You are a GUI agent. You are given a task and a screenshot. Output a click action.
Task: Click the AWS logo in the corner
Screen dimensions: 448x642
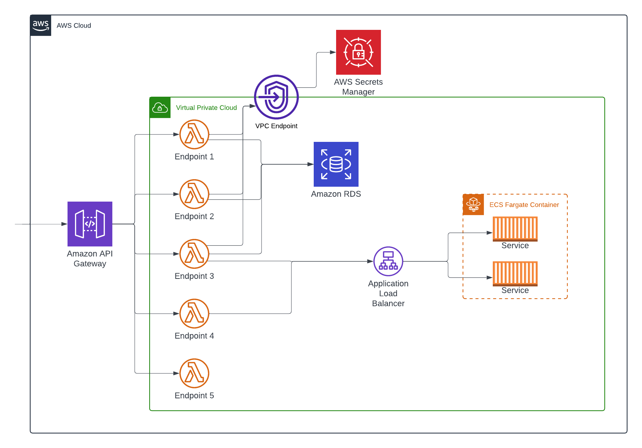click(41, 26)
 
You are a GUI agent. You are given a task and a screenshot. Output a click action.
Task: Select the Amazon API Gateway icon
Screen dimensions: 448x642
click(90, 224)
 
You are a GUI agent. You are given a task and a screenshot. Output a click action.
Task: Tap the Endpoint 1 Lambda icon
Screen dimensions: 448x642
click(194, 134)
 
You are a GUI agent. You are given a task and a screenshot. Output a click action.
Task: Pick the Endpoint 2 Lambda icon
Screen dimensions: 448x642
click(194, 194)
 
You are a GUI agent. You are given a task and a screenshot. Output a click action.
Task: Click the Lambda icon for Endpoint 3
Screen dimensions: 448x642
click(194, 254)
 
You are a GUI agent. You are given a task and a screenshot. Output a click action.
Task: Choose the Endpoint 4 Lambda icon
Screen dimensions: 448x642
click(194, 314)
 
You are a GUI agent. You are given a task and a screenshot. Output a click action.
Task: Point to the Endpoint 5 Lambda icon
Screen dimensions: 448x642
click(194, 373)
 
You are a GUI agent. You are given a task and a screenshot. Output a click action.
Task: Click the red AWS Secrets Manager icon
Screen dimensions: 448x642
click(358, 52)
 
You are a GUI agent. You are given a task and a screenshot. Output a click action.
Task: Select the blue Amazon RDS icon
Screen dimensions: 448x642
click(336, 164)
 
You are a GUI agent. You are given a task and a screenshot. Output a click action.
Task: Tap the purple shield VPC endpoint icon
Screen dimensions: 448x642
click(276, 97)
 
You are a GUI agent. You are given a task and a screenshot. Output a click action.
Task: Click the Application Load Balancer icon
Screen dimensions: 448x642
click(388, 261)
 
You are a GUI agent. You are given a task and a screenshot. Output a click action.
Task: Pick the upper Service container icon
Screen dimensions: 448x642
click(515, 229)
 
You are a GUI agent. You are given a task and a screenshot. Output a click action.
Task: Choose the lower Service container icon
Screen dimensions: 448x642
click(515, 274)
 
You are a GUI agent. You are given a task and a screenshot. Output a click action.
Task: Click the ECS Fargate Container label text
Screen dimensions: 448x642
click(524, 205)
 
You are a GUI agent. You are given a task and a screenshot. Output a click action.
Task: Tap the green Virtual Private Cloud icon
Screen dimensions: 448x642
click(160, 108)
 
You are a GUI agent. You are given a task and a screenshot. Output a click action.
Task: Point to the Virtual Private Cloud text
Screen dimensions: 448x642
click(206, 108)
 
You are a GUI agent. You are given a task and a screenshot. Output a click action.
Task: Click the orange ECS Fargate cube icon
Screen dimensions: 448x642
click(473, 205)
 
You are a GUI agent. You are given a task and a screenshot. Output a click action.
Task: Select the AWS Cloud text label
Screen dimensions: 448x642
click(74, 26)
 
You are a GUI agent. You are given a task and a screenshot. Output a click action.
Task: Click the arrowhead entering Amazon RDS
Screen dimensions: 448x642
click(310, 164)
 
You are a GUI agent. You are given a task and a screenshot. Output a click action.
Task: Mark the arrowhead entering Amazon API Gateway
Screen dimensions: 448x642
click(64, 224)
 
